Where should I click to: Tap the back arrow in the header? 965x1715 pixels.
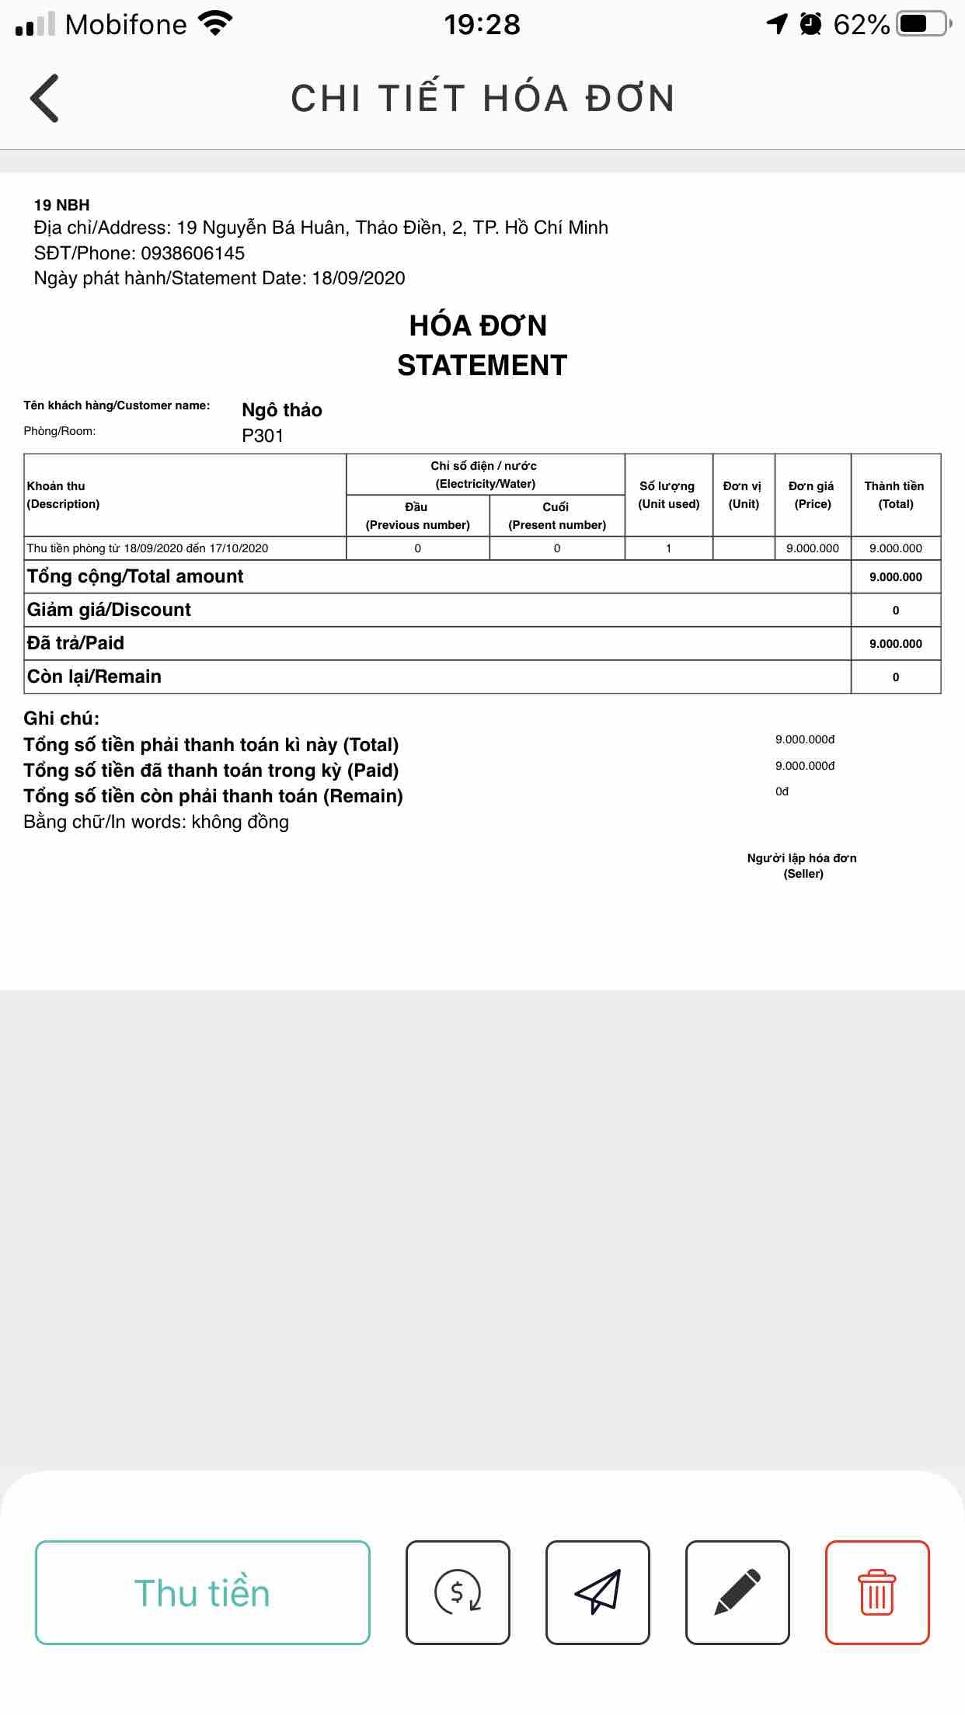(x=44, y=99)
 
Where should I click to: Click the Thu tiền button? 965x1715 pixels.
(x=202, y=1592)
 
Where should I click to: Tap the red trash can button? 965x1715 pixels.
(x=876, y=1592)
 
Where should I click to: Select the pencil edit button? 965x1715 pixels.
(x=737, y=1592)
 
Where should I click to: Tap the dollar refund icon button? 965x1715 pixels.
(x=458, y=1592)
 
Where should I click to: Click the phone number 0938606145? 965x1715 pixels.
(x=193, y=253)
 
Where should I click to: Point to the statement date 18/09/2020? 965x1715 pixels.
(x=358, y=278)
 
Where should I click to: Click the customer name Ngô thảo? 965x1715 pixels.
(x=282, y=410)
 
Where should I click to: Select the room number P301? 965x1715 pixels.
(x=263, y=436)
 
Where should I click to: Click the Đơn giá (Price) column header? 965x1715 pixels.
(x=812, y=495)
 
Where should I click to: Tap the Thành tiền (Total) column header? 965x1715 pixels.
(x=895, y=495)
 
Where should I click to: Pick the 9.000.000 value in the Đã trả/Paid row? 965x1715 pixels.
(x=895, y=644)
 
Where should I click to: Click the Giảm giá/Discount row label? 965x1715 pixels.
(x=109, y=610)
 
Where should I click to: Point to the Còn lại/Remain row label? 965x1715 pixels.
(x=94, y=677)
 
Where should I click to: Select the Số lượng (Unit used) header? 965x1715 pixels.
(x=668, y=495)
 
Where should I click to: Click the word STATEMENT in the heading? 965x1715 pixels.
(x=482, y=365)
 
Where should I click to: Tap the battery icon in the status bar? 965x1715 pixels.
(x=923, y=24)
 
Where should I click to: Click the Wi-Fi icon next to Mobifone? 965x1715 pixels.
(x=215, y=23)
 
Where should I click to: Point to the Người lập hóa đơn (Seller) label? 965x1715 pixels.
(x=802, y=865)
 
